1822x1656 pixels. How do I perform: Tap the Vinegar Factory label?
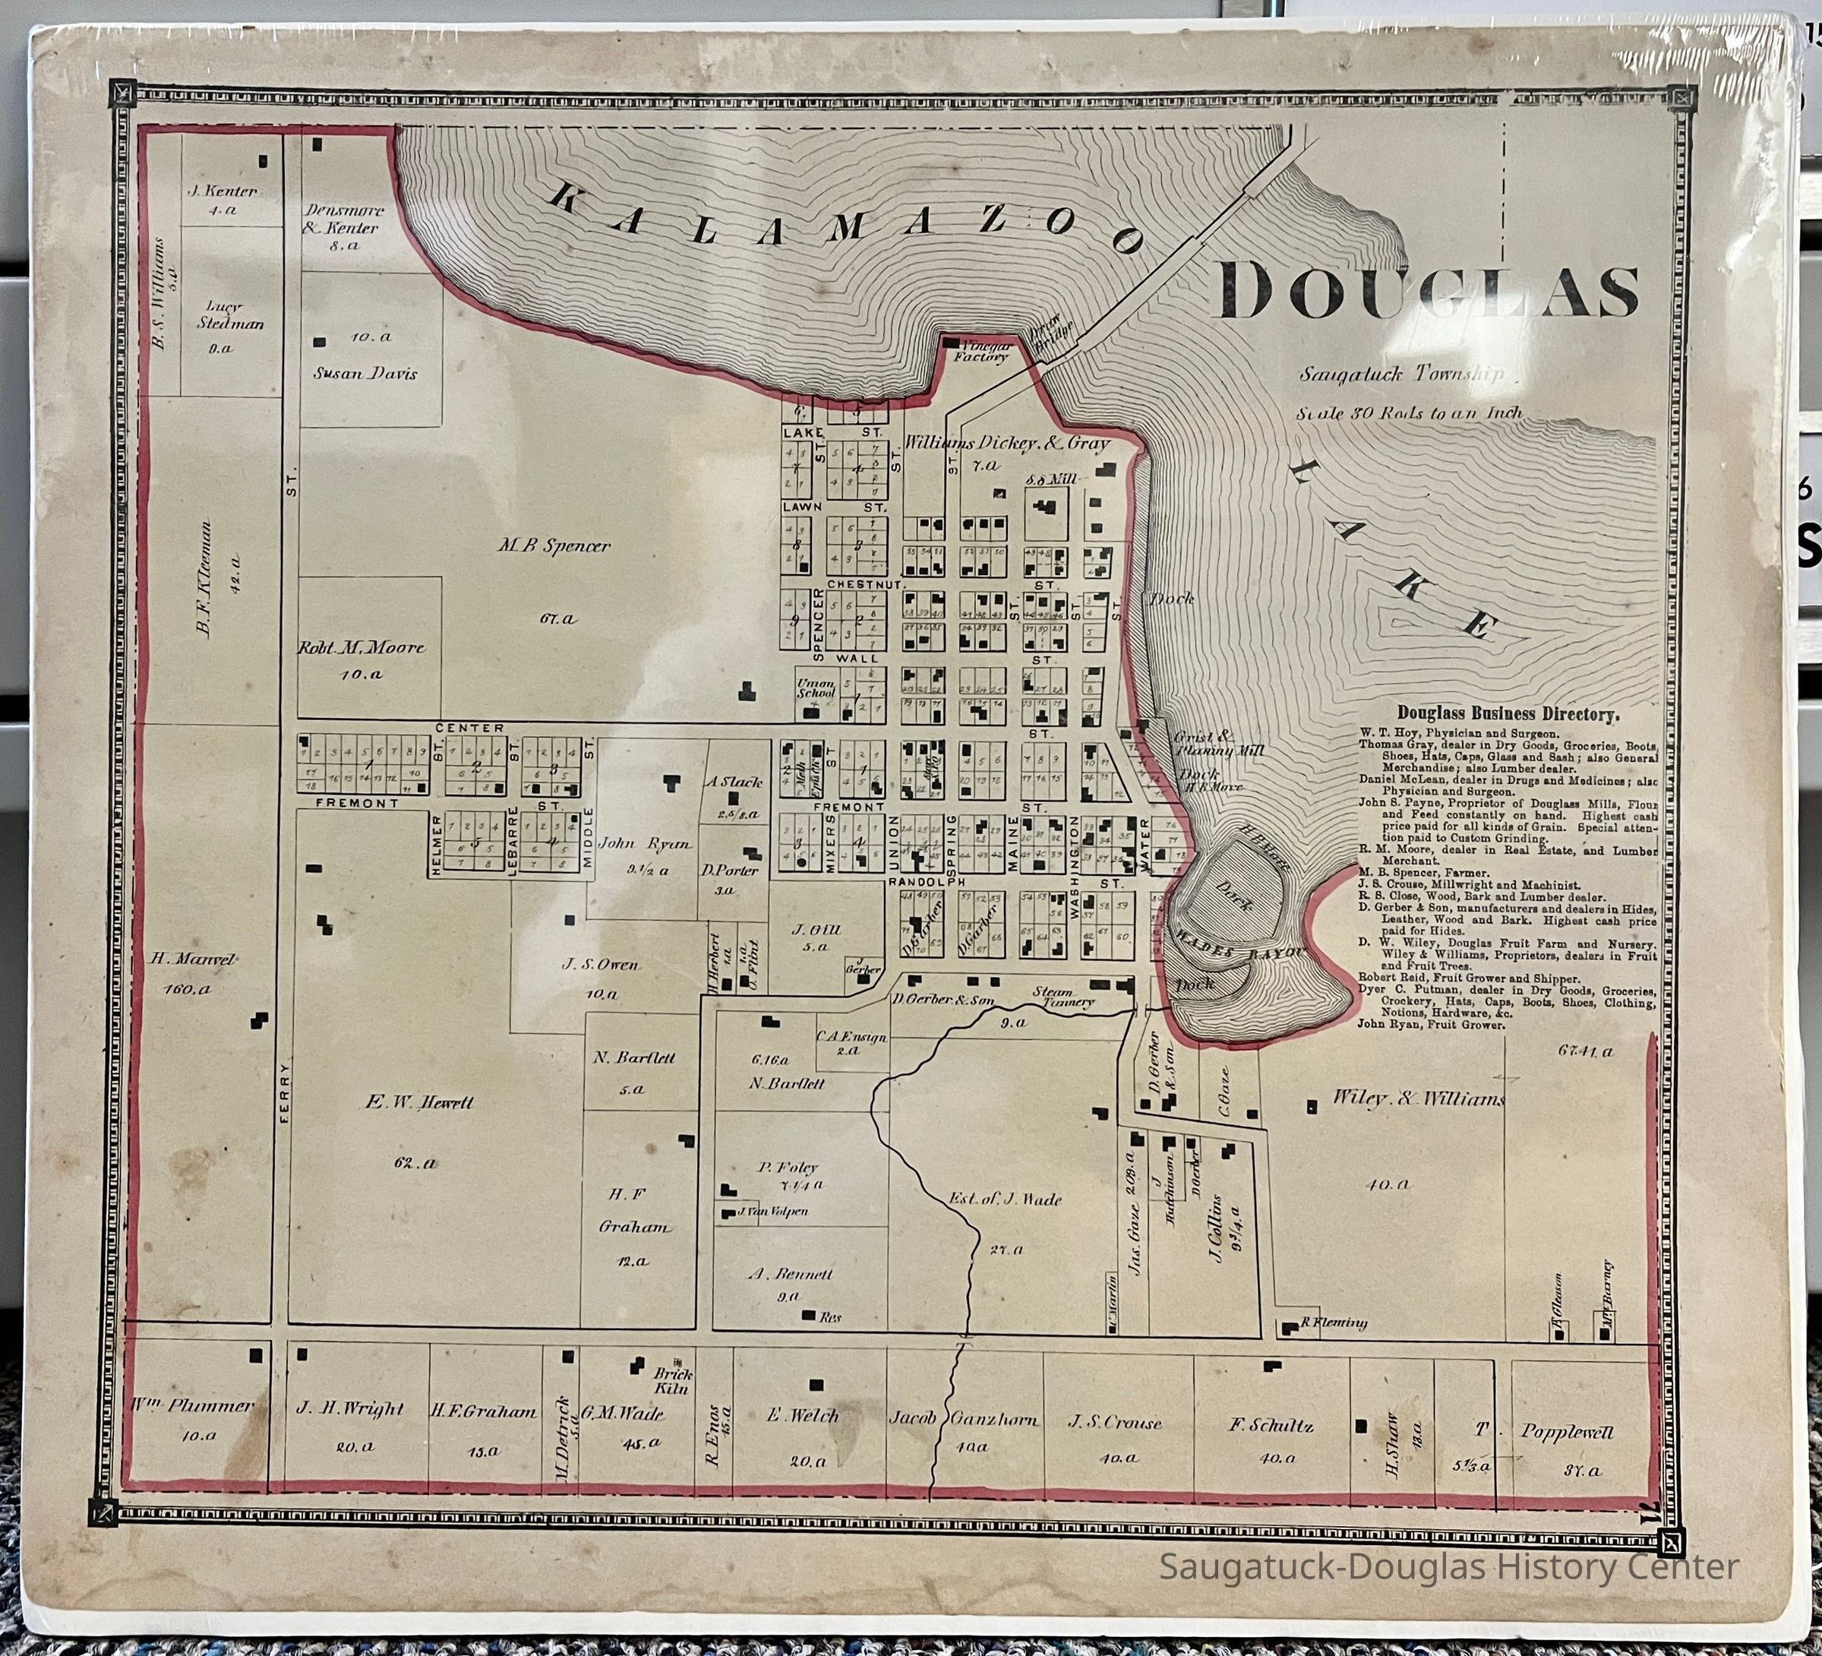pyautogui.click(x=983, y=351)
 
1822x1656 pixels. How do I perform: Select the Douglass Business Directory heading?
pyautogui.click(x=1508, y=714)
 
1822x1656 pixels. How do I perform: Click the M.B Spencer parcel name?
pyautogui.click(x=554, y=546)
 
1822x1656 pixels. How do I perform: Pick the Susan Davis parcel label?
pyautogui.click(x=365, y=373)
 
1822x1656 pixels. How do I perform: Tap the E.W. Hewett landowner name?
pyautogui.click(x=419, y=1103)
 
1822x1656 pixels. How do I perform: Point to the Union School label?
pyautogui.click(x=815, y=688)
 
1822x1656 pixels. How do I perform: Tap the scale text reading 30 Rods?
pyautogui.click(x=1409, y=413)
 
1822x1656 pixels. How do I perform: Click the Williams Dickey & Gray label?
pyautogui.click(x=1006, y=443)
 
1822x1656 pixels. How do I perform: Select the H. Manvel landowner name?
pyautogui.click(x=194, y=959)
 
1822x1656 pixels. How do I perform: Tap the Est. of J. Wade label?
pyautogui.click(x=1005, y=1199)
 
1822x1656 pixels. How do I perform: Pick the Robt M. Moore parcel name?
pyautogui.click(x=361, y=647)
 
